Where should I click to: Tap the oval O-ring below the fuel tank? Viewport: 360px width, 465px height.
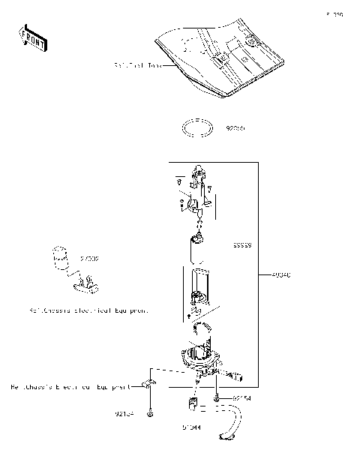[x=199, y=127]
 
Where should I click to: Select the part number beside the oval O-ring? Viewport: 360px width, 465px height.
[x=235, y=128]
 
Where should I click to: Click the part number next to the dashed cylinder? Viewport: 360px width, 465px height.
[x=90, y=258]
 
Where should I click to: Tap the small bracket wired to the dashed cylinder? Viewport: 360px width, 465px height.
[x=85, y=283]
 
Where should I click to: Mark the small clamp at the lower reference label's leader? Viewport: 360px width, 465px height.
[x=149, y=385]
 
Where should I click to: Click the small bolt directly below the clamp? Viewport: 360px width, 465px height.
[x=151, y=413]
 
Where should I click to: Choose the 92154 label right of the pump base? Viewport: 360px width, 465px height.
[x=241, y=398]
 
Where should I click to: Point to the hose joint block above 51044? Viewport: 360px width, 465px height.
[x=191, y=406]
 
